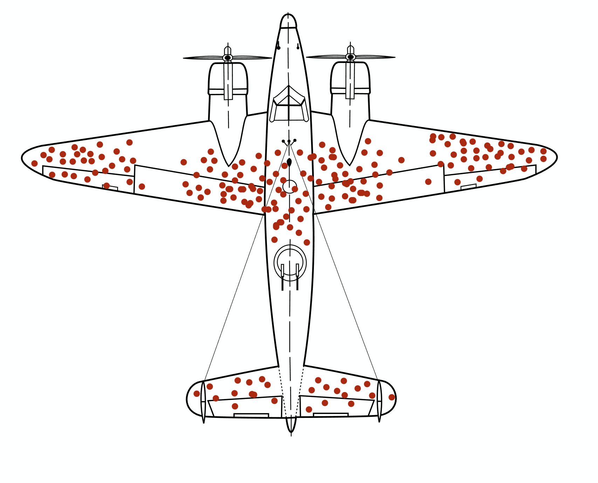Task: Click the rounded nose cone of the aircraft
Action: (x=288, y=21)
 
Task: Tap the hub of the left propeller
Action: (x=228, y=58)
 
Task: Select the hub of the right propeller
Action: (x=351, y=57)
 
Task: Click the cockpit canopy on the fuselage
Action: (x=289, y=105)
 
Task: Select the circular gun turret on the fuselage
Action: (x=290, y=262)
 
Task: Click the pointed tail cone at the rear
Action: (x=291, y=425)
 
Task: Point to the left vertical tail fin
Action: (x=203, y=402)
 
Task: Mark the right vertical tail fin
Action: (x=379, y=401)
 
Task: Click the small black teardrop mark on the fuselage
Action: (x=289, y=162)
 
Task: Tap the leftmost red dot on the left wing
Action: (x=34, y=163)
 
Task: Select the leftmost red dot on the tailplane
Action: (x=197, y=394)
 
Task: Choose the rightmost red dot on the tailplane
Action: (x=392, y=397)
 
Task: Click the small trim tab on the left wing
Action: (x=110, y=188)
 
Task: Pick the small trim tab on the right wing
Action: (x=468, y=187)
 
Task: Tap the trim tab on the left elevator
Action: (x=251, y=415)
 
